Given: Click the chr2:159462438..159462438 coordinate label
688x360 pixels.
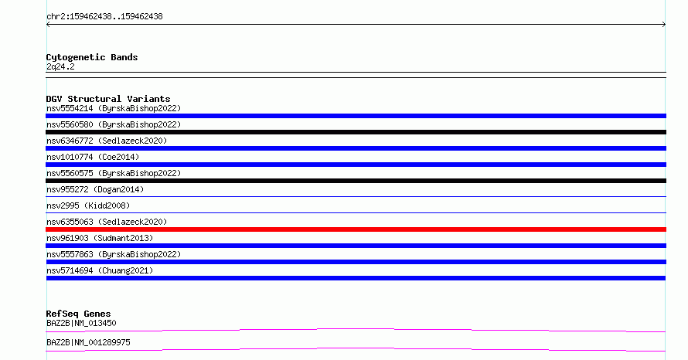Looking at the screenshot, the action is tap(104, 17).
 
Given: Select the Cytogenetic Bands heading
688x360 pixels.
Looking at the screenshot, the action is tap(92, 57).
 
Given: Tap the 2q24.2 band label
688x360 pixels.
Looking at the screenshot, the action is tap(60, 66).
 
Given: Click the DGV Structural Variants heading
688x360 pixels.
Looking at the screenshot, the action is tap(108, 99).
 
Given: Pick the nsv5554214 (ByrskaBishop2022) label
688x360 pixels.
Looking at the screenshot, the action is tap(114, 108).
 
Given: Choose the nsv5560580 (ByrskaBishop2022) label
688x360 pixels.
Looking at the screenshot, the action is tap(114, 124).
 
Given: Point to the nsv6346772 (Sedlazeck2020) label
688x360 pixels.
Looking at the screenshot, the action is tap(107, 141).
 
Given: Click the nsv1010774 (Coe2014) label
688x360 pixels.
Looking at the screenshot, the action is tap(93, 157).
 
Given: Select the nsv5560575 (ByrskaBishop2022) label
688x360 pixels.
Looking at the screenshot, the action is tap(114, 173).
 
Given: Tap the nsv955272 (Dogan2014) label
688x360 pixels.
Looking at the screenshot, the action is tap(95, 189).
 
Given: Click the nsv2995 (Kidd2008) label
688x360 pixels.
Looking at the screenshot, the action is tap(88, 205).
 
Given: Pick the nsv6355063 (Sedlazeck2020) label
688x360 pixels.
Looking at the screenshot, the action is tap(107, 222).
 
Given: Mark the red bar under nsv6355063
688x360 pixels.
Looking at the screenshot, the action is tap(356, 229).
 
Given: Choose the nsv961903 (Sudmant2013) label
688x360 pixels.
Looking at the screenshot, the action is tap(100, 238).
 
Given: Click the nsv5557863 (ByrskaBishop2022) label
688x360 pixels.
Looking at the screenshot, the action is tap(114, 254).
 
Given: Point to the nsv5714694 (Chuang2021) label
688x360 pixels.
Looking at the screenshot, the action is tap(100, 270).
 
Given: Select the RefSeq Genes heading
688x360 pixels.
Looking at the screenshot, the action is tap(78, 314).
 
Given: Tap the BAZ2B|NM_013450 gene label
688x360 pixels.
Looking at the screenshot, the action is tap(81, 323).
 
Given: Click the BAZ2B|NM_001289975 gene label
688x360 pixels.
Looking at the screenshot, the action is tap(88, 342).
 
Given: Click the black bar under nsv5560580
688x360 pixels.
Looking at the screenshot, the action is tap(356, 132).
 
